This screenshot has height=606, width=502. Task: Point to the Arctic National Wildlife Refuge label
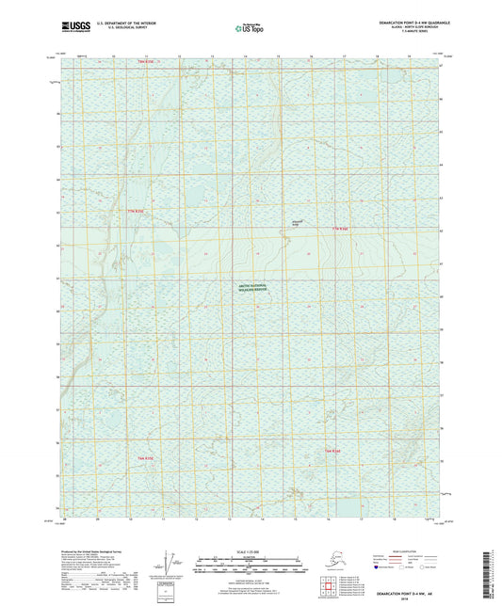click(x=251, y=290)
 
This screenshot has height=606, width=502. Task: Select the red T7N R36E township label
click(x=340, y=229)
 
